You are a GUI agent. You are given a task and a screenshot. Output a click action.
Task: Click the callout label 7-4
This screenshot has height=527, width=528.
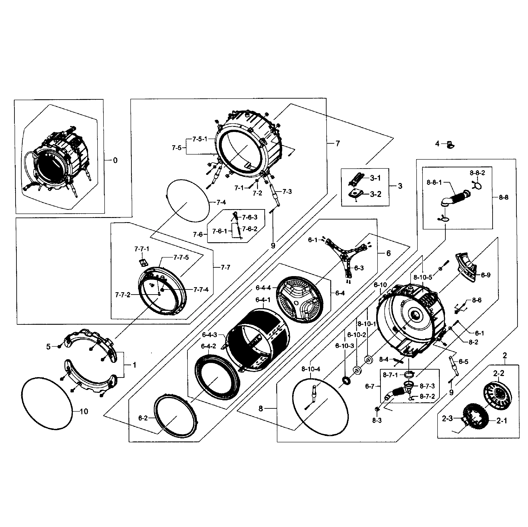click(x=221, y=202)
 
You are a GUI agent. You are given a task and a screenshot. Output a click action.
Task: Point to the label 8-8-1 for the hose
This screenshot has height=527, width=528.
click(x=434, y=182)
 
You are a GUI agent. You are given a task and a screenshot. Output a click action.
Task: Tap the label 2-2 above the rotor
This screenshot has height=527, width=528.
click(x=498, y=373)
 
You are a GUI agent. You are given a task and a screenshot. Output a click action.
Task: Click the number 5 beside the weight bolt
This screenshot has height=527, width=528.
click(x=48, y=347)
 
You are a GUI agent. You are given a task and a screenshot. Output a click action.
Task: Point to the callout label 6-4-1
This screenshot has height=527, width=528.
click(x=263, y=300)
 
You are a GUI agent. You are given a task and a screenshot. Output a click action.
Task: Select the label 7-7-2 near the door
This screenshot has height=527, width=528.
click(x=122, y=295)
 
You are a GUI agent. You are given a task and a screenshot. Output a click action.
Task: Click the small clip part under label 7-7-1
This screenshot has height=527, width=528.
click(x=142, y=262)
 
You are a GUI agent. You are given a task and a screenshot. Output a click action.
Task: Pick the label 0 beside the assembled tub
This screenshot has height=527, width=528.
click(x=115, y=160)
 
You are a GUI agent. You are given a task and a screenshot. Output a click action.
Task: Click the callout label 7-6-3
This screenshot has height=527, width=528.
click(x=250, y=217)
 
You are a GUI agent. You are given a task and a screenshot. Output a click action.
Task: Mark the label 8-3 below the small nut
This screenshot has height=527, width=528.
click(x=377, y=420)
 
